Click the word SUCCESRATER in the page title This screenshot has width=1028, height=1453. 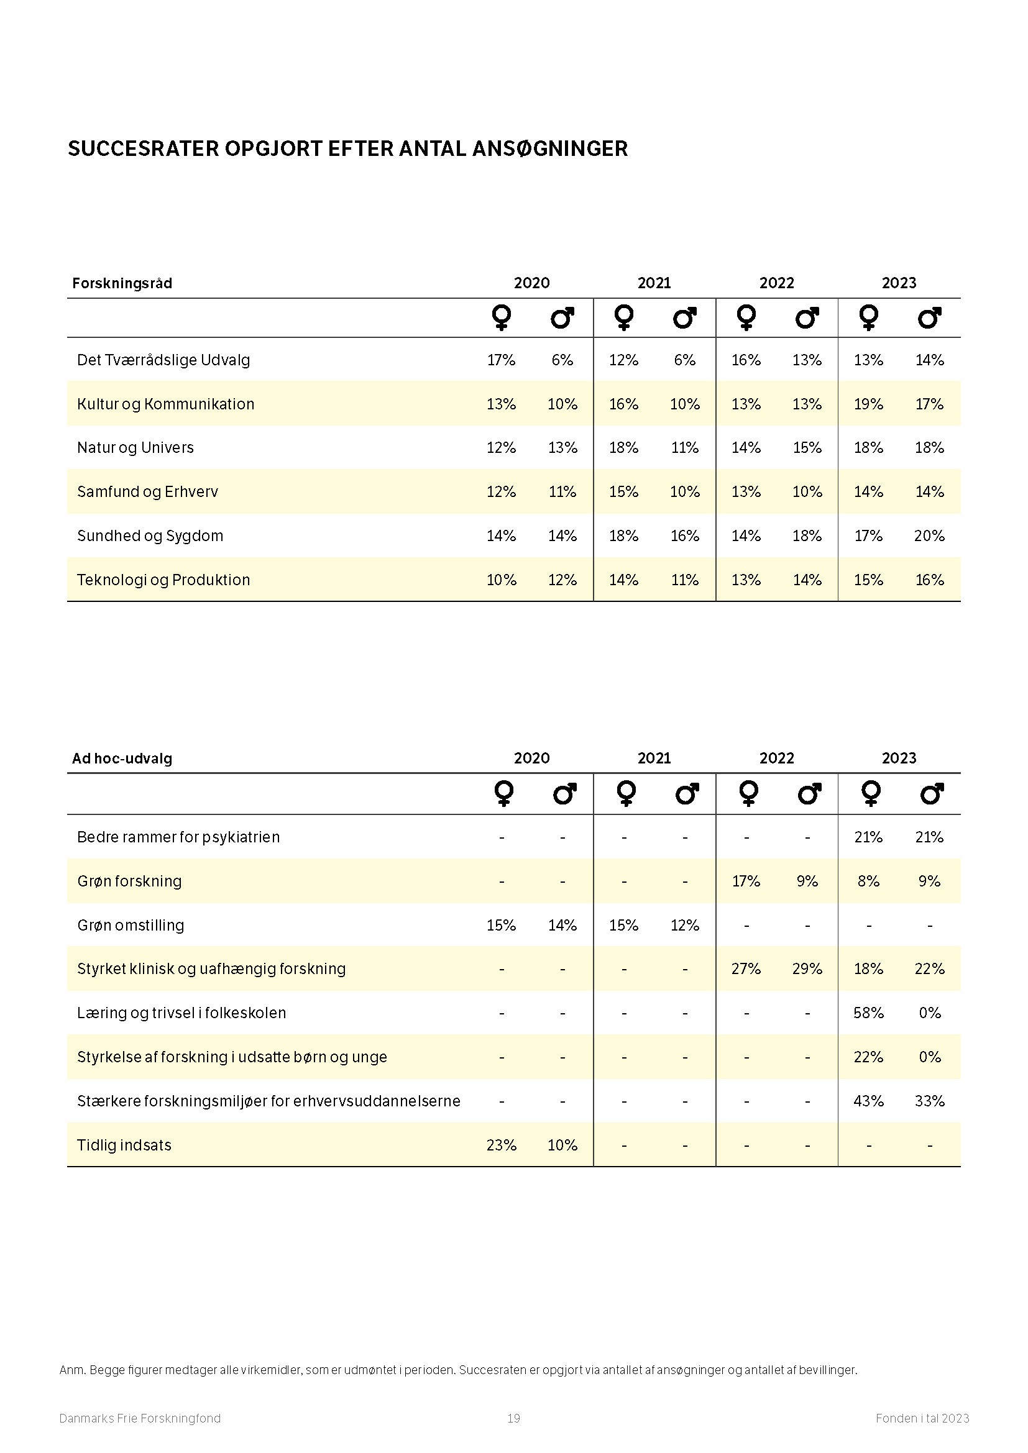pos(143,148)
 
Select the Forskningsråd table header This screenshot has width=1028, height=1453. pos(122,283)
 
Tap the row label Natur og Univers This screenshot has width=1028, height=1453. pos(135,447)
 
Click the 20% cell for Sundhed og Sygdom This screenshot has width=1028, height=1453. pos(929,535)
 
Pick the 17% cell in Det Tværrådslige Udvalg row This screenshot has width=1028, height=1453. pos(501,360)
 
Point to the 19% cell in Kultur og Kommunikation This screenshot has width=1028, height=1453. pos(868,404)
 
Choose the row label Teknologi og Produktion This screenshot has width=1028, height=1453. pos(163,580)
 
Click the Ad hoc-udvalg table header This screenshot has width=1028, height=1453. pos(122,758)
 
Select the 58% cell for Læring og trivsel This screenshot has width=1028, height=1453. pos(868,1013)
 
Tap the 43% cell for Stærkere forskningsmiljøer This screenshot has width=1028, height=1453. pos(868,1101)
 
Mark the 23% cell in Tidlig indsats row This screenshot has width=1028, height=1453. pos(501,1145)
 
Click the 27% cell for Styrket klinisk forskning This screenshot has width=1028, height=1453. pos(746,968)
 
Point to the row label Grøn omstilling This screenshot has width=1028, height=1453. pos(131,925)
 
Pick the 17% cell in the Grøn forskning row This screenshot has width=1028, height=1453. pos(746,881)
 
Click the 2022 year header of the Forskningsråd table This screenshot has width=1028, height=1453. pos(777,283)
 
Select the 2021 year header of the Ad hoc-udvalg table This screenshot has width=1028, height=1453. pos(654,758)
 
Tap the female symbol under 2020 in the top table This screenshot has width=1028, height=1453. pos(502,317)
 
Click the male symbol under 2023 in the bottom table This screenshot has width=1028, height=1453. pos(930,793)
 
